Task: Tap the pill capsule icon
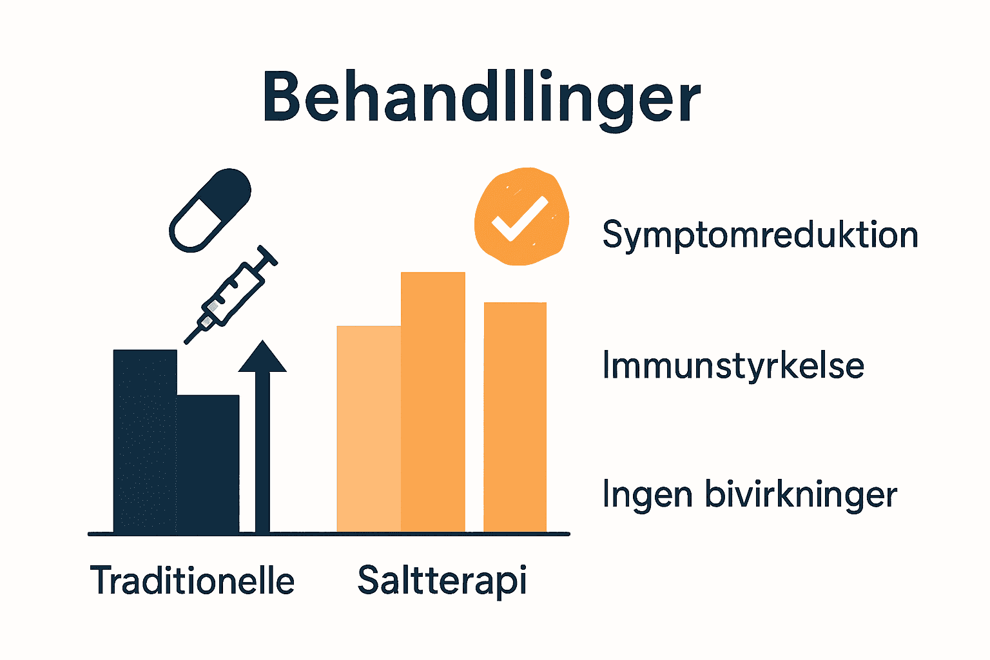tap(209, 210)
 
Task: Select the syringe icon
tap(231, 294)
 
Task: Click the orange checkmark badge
tap(521, 217)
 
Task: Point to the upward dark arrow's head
tap(262, 358)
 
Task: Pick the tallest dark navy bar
tap(145, 441)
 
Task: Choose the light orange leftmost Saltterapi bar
tap(369, 428)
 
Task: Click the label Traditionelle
tap(192, 580)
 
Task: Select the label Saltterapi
tap(442, 580)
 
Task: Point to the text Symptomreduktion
tap(760, 235)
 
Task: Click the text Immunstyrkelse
tap(733, 365)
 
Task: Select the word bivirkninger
tap(801, 495)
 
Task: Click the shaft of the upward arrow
tap(262, 451)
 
